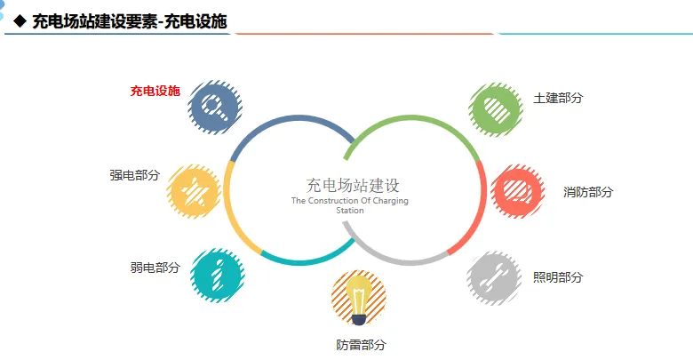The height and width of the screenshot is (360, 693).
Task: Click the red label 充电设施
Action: tap(155, 91)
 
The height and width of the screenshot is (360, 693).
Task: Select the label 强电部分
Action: tap(135, 175)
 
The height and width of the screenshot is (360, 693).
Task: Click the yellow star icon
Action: tap(194, 191)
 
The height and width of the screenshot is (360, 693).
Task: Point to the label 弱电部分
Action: tap(155, 268)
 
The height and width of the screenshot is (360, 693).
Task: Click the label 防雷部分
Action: tap(361, 345)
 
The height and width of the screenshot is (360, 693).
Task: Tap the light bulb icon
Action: tap(358, 299)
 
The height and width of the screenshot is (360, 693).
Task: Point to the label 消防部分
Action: tap(588, 192)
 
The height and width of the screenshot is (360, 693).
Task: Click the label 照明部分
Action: tap(558, 277)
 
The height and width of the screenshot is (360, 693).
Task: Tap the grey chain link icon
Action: tap(494, 278)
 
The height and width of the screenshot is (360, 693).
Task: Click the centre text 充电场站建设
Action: tap(353, 185)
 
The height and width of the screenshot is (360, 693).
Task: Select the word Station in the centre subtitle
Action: tap(350, 212)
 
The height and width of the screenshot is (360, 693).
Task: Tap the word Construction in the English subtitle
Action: tap(331, 201)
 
